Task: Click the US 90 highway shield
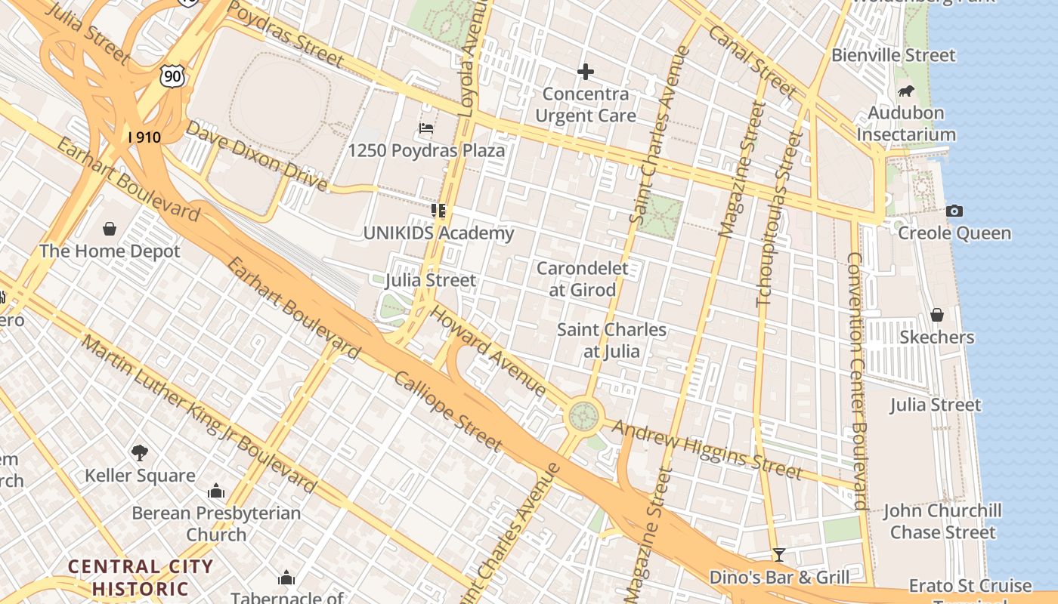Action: tap(172, 74)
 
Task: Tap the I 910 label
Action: tap(144, 137)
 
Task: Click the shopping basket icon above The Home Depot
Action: tap(110, 228)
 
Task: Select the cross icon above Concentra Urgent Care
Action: tap(585, 72)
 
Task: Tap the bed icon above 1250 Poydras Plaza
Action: tap(426, 128)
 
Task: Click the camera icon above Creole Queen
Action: tap(954, 211)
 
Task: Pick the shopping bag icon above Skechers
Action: tap(937, 314)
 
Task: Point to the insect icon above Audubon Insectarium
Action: tap(906, 91)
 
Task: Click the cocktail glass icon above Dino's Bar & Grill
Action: tap(778, 556)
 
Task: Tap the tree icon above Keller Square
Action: tap(139, 452)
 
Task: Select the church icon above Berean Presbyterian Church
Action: tap(216, 492)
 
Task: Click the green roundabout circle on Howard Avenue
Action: tap(583, 415)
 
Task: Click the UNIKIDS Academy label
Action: tap(438, 233)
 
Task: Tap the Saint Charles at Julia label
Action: tap(611, 341)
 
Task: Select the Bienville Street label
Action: tap(893, 55)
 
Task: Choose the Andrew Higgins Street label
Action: tap(706, 450)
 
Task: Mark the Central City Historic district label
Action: tap(141, 577)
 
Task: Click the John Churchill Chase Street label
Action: tap(942, 521)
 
